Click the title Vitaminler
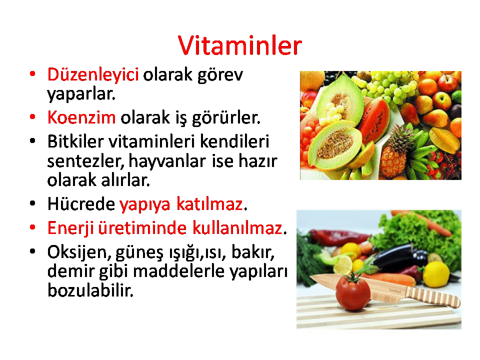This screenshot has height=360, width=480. point(239,45)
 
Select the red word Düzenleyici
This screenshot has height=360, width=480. point(93,75)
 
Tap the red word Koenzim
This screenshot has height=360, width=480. point(81,117)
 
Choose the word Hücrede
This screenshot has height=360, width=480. point(81,203)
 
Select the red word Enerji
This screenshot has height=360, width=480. point(70,228)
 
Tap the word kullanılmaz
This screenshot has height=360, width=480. point(237,228)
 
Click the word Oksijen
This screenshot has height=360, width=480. point(77,252)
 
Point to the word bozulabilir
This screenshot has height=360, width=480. point(90,290)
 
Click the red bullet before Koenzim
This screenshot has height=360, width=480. point(32,116)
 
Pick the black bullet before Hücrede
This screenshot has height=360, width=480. point(32,203)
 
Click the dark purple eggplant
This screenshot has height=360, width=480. point(398,258)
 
